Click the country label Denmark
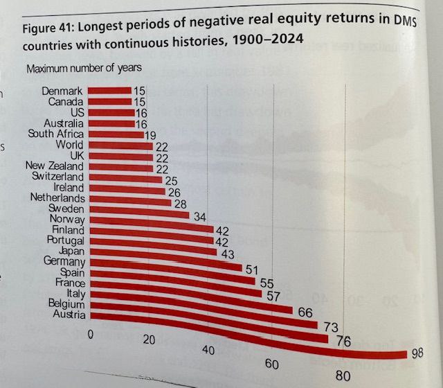[63, 91]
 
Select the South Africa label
[56, 134]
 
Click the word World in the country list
[71, 145]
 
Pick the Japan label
[73, 251]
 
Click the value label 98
[417, 353]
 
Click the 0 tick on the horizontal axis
[90, 335]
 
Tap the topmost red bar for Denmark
[110, 90]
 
